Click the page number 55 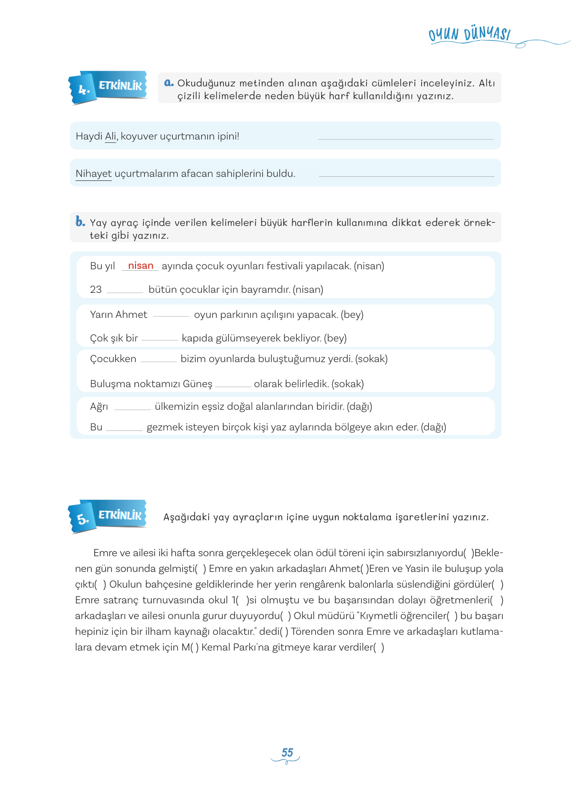click(x=287, y=753)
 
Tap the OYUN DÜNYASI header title click(x=469, y=34)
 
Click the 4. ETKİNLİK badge click(x=108, y=87)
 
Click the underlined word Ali click(x=110, y=136)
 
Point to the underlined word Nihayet click(x=93, y=173)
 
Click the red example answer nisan click(x=140, y=266)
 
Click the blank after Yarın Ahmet click(x=171, y=315)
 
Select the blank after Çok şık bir click(x=159, y=339)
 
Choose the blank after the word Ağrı click(x=132, y=407)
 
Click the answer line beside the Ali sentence click(x=406, y=138)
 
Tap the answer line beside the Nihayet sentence click(x=406, y=175)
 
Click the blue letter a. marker click(x=169, y=83)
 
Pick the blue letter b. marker click(x=80, y=222)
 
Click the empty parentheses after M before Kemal click(x=196, y=648)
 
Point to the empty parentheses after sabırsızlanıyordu click(x=469, y=553)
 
